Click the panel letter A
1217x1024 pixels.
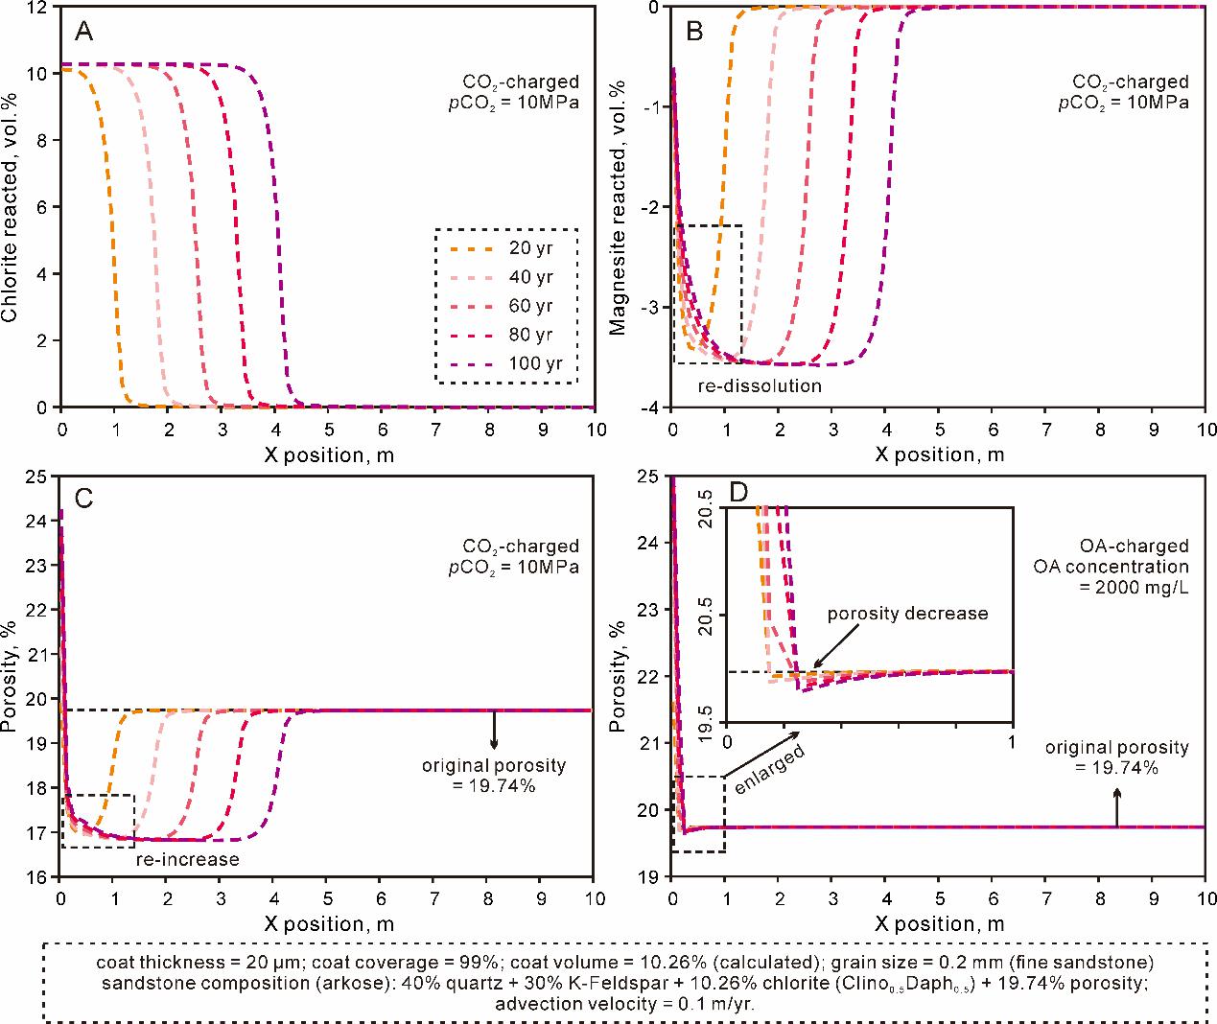[84, 32]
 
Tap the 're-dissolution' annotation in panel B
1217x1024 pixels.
[759, 385]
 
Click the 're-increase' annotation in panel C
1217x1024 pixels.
[187, 859]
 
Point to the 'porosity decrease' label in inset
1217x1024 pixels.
[906, 613]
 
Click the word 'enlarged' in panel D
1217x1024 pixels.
[770, 767]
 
